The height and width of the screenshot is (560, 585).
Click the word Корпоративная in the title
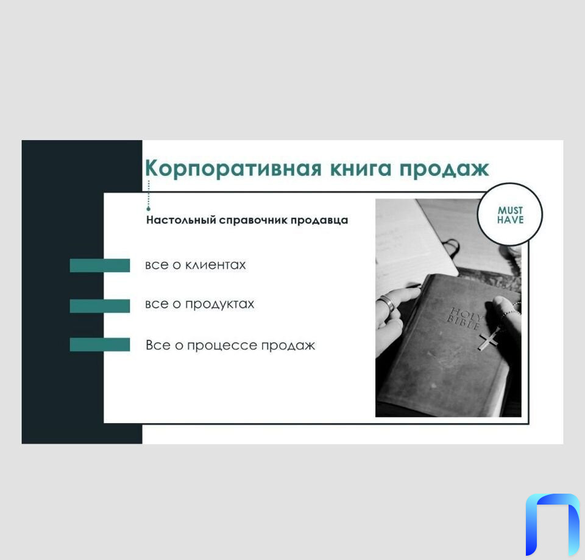click(233, 169)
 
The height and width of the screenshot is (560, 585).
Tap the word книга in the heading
click(361, 169)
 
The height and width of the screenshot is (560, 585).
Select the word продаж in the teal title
click(444, 169)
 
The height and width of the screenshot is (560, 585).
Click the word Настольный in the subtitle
click(182, 220)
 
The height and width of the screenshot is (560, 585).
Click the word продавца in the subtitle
click(319, 220)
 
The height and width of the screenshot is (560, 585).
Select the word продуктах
click(220, 304)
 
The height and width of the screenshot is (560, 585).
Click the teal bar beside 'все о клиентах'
click(99, 265)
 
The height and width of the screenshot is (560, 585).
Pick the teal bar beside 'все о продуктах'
click(99, 306)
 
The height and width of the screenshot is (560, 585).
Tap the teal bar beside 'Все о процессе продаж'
click(99, 345)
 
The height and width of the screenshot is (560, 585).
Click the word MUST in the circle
click(511, 210)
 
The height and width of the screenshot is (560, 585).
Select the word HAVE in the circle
click(511, 220)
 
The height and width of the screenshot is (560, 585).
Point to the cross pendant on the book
click(489, 339)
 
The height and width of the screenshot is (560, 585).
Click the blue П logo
click(553, 525)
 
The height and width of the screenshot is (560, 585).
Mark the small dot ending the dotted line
click(149, 209)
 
